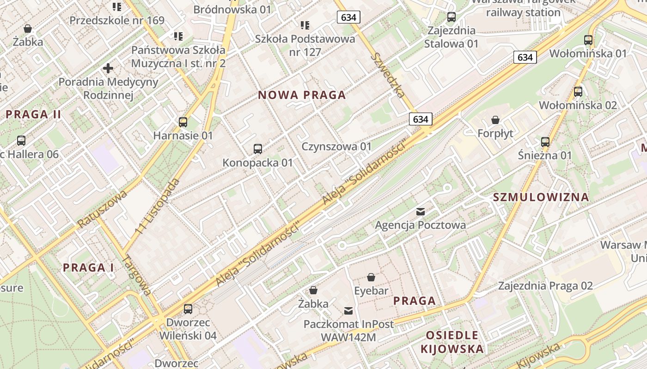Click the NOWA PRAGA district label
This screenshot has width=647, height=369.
pos(302,95)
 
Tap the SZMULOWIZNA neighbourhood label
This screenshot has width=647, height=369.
pos(541,197)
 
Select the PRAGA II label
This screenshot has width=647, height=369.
pos(33,114)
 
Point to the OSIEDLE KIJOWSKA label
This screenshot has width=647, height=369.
pos(452,342)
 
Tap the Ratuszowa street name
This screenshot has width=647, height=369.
pos(102,208)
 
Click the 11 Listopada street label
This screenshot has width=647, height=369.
pos(158,205)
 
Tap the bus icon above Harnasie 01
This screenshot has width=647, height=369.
pos(183,122)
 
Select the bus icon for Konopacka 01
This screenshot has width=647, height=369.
pos(258,149)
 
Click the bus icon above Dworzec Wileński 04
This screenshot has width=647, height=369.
pos(188,309)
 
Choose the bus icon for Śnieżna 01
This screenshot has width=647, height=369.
pos(545,142)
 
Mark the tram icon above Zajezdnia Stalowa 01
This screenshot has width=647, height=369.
pos(452,17)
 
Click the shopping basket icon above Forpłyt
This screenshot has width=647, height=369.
pos(495,120)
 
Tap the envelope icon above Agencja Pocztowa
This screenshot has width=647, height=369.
pos(421,212)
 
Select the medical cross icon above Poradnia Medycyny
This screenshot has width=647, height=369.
pos(108,69)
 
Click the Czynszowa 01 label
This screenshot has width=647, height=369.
pos(336,147)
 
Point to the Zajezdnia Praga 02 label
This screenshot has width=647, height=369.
pos(545,286)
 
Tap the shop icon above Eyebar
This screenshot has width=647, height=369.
pos(371,277)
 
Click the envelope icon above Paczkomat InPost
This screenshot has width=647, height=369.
pos(348,311)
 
